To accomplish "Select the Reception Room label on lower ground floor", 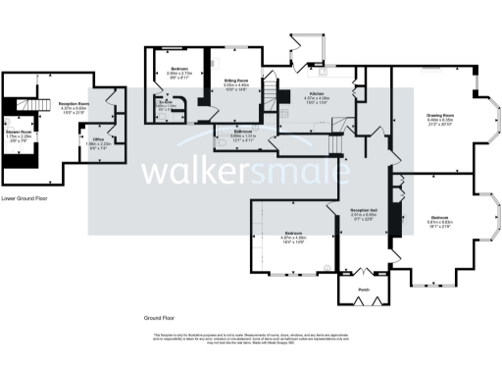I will (x=75, y=106).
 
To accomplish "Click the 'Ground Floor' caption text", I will (x=160, y=318).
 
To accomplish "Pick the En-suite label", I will (x=167, y=103).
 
